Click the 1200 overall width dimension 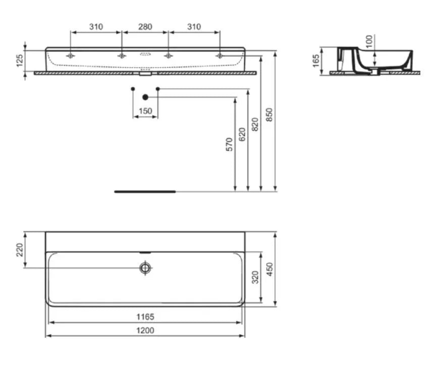(145, 331)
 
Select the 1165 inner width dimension (145, 317)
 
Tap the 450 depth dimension (270, 270)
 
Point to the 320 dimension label (255, 277)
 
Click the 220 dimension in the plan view (20, 250)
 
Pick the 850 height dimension (270, 115)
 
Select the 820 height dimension (255, 125)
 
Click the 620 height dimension (242, 135)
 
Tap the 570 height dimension (229, 144)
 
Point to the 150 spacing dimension (145, 111)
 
